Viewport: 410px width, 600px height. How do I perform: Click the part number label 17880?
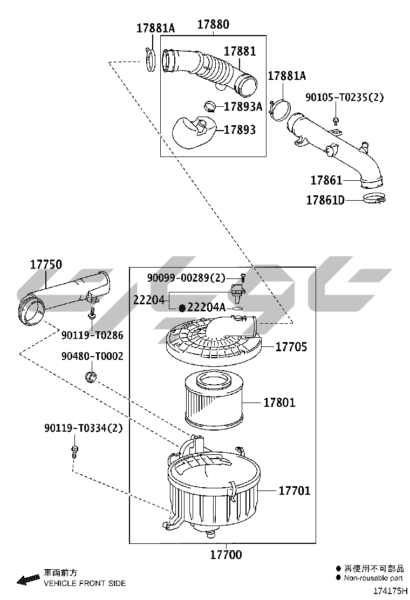pos(213,24)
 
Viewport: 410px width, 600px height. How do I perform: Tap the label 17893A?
pos(243,106)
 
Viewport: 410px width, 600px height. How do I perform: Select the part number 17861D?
pos(325,200)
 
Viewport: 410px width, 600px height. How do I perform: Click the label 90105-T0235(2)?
pos(344,97)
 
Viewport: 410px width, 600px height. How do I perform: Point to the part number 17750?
pos(46,264)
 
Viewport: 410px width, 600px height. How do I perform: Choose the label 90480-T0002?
pos(92,356)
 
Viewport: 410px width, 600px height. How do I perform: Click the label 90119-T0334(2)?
pos(84,428)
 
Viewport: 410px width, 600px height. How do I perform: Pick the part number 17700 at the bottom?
pos(225,555)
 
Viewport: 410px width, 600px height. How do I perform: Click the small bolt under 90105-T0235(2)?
pos(335,120)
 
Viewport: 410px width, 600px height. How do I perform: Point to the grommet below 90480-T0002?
pos(91,376)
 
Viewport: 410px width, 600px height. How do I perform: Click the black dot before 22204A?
pos(182,308)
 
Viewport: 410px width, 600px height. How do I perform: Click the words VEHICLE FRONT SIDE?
pos(84,583)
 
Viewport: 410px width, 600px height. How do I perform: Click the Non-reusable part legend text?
pos(373,578)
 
